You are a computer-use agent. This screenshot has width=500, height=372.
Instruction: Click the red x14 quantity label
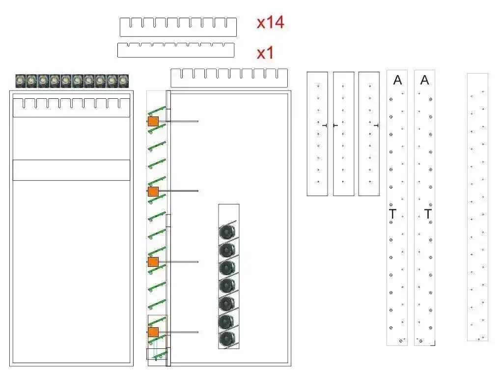click(x=271, y=22)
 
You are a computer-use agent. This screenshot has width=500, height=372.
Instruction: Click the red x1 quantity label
click(x=265, y=53)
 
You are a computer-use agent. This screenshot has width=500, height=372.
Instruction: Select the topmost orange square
click(x=153, y=121)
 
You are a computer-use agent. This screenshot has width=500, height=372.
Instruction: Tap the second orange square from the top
click(x=153, y=192)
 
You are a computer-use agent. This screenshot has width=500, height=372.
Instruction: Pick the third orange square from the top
click(x=153, y=262)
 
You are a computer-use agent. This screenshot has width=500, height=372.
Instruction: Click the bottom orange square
click(x=153, y=332)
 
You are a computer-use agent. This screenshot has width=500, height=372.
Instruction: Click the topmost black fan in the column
click(x=227, y=231)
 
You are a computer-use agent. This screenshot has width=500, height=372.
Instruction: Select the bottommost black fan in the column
click(x=227, y=339)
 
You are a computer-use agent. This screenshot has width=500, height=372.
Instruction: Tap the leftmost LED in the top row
click(x=21, y=81)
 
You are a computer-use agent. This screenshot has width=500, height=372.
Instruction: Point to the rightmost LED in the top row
click(x=123, y=81)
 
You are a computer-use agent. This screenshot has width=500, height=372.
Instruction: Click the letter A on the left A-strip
click(x=397, y=80)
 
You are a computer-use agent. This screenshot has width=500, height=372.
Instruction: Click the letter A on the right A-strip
click(x=424, y=80)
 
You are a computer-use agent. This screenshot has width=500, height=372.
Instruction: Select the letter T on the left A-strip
click(x=392, y=214)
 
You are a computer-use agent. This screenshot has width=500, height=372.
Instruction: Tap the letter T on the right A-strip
click(x=428, y=214)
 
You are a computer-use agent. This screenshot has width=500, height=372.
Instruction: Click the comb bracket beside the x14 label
click(x=178, y=27)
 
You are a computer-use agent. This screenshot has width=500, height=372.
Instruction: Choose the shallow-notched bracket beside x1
click(x=176, y=50)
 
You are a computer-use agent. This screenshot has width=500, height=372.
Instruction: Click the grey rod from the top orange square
click(x=178, y=121)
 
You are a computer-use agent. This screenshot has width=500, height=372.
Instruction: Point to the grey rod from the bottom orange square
click(x=178, y=332)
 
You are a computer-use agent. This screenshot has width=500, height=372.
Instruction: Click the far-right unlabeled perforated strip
click(x=477, y=207)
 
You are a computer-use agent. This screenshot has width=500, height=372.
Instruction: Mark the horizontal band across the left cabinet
click(x=71, y=170)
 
